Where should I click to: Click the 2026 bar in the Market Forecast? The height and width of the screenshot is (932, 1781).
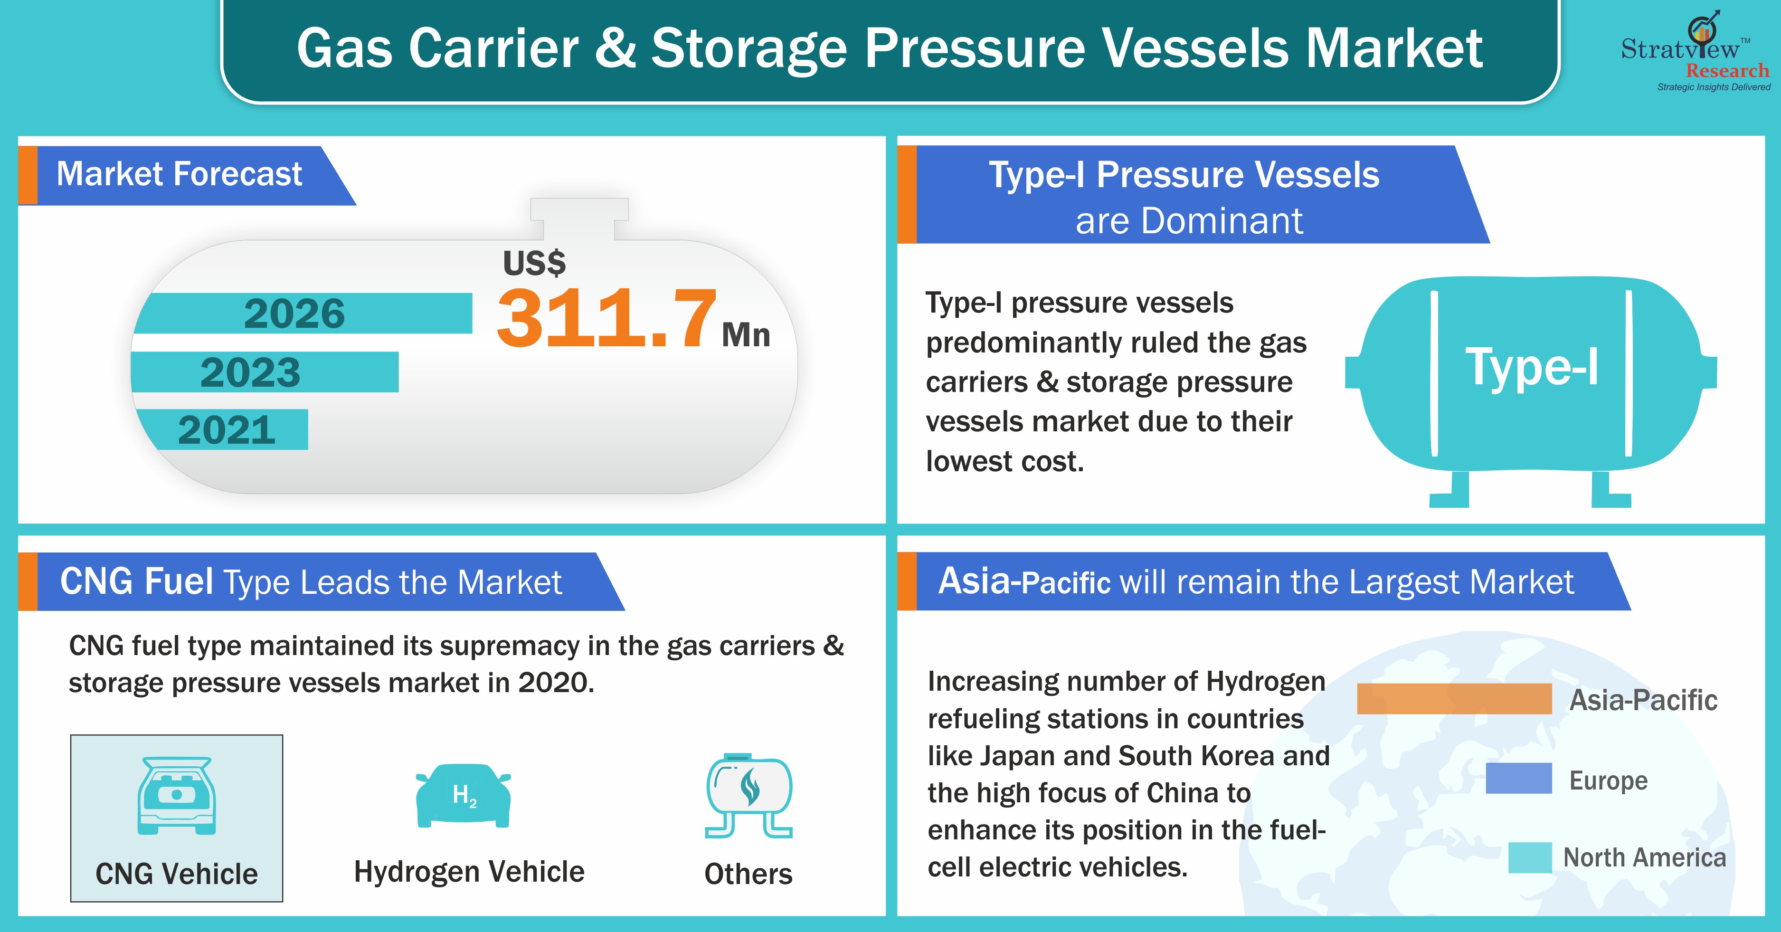(x=303, y=313)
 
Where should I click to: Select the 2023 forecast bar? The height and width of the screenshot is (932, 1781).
(x=265, y=372)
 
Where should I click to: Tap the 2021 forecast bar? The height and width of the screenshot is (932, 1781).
(x=221, y=429)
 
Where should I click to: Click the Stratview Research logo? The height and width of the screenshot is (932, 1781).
(x=1695, y=51)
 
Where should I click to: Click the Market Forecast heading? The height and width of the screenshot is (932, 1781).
(x=179, y=174)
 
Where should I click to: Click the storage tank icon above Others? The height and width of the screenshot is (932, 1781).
(x=749, y=796)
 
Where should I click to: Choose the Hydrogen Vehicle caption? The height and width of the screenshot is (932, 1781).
(x=469, y=872)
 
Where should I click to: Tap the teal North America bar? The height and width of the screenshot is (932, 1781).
(x=1530, y=857)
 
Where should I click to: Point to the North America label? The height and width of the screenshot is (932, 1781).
(x=1645, y=858)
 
